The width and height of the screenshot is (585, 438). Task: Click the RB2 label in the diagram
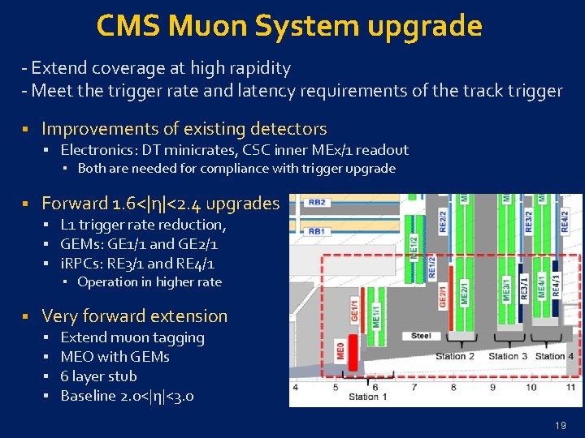point(317,202)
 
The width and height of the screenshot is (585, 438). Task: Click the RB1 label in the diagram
point(317,231)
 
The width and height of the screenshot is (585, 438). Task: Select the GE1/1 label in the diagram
point(355,311)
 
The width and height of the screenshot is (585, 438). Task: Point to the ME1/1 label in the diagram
point(375,313)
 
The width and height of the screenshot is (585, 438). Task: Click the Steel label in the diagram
point(421,335)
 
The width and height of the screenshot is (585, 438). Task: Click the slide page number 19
point(560,425)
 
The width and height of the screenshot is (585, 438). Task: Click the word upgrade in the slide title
point(425,26)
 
